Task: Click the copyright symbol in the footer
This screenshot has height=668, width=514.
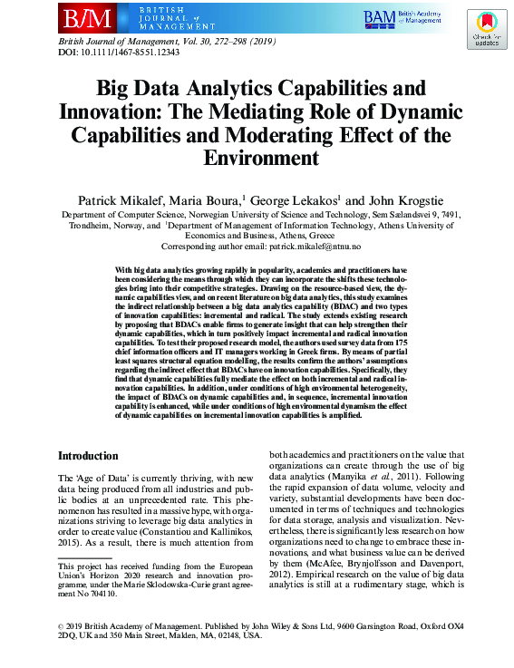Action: (61, 625)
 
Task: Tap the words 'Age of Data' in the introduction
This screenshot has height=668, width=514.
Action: (105, 478)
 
